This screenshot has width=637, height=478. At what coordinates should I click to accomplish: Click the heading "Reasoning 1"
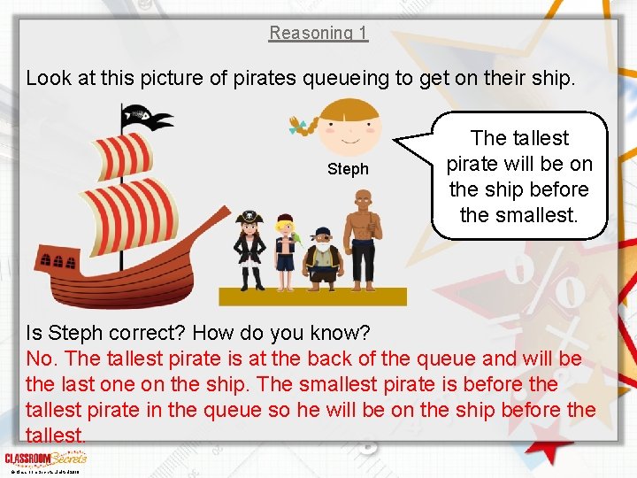318,33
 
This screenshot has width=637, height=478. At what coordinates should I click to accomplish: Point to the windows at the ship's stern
52,260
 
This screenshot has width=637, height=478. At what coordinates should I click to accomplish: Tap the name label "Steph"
348,169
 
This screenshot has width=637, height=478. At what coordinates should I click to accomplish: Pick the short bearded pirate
323,258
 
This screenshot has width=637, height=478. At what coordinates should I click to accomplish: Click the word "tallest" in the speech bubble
539,138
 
